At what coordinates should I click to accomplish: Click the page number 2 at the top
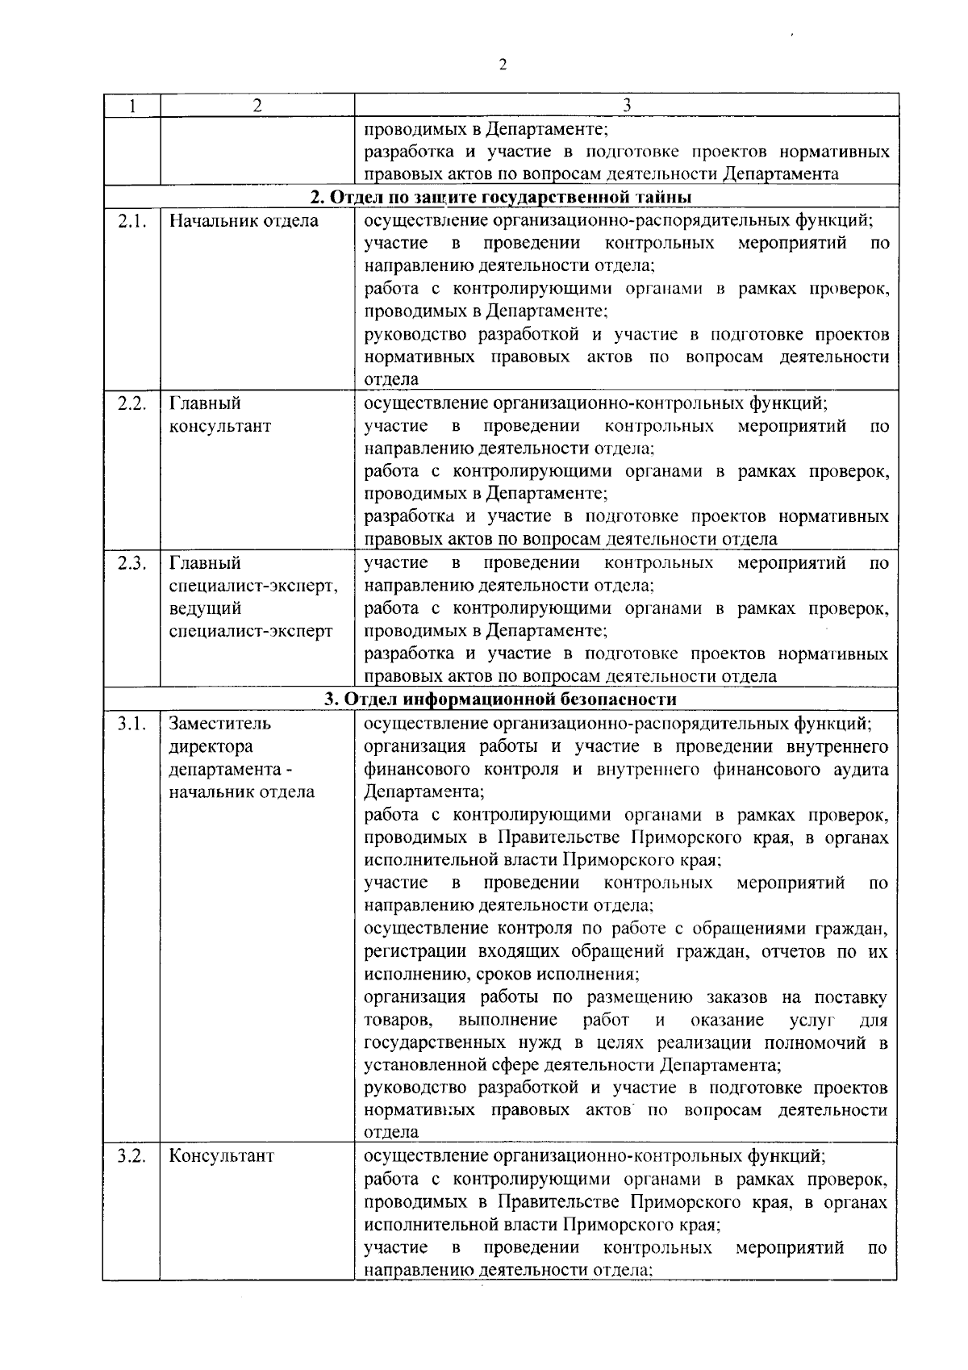click(x=503, y=65)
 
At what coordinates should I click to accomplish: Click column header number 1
click(x=131, y=106)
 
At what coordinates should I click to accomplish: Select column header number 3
click(x=627, y=106)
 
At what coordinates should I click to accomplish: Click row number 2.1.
click(x=131, y=221)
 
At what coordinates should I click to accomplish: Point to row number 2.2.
click(x=131, y=403)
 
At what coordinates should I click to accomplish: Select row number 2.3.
click(x=131, y=563)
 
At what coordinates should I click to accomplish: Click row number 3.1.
click(x=131, y=724)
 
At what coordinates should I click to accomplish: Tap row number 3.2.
click(x=131, y=1156)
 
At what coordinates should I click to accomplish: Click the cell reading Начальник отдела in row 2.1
click(x=244, y=221)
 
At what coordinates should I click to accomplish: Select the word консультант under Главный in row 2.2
click(x=219, y=426)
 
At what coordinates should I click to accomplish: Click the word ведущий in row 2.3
click(x=205, y=608)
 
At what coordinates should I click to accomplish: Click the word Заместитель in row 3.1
click(x=219, y=724)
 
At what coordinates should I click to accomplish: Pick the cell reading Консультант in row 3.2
click(x=221, y=1156)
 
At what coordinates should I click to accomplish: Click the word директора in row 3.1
click(x=211, y=746)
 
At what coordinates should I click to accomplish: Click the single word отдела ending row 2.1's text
click(x=391, y=379)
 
